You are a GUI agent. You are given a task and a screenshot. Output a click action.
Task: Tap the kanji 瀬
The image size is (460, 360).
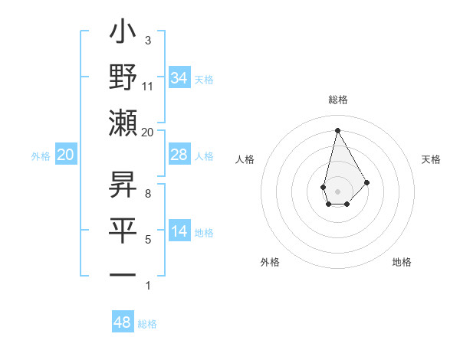(123, 123)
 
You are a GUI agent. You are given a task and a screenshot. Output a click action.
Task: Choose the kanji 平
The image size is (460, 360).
(123, 229)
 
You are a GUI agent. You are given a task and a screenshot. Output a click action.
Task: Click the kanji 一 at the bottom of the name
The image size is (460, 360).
(123, 274)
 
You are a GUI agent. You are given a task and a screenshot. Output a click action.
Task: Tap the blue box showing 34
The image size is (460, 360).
(179, 77)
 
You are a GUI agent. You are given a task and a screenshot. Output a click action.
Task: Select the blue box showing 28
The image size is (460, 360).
(179, 155)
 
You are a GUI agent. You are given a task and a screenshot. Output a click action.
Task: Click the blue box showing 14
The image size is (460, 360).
(179, 231)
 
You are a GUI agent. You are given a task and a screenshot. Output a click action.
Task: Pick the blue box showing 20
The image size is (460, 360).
(65, 155)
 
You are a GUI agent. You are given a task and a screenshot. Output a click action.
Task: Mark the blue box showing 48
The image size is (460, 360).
(122, 322)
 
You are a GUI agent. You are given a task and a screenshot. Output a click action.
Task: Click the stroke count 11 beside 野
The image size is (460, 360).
(148, 86)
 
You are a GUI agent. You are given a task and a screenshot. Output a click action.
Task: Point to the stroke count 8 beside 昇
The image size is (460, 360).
(147, 194)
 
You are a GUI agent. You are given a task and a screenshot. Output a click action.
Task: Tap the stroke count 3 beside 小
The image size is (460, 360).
(147, 40)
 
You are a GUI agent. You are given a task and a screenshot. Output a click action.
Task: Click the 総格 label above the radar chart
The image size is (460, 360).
(337, 100)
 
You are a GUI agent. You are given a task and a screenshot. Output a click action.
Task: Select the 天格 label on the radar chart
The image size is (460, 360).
(432, 159)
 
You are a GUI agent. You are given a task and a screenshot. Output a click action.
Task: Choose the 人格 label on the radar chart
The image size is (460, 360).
(245, 159)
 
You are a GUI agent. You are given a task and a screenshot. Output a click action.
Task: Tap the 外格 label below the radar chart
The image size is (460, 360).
(270, 262)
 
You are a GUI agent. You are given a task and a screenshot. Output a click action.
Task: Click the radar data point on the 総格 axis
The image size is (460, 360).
(337, 130)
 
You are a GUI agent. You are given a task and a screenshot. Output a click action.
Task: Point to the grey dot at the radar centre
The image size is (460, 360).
(337, 191)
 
